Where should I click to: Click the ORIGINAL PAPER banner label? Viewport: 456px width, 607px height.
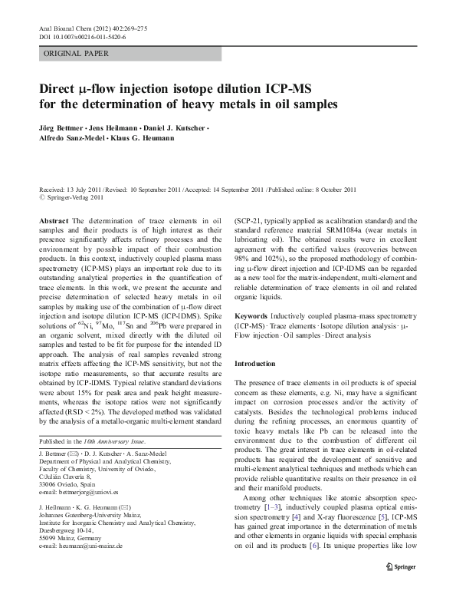point(76,54)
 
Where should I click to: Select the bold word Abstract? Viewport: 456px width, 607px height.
point(53,221)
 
